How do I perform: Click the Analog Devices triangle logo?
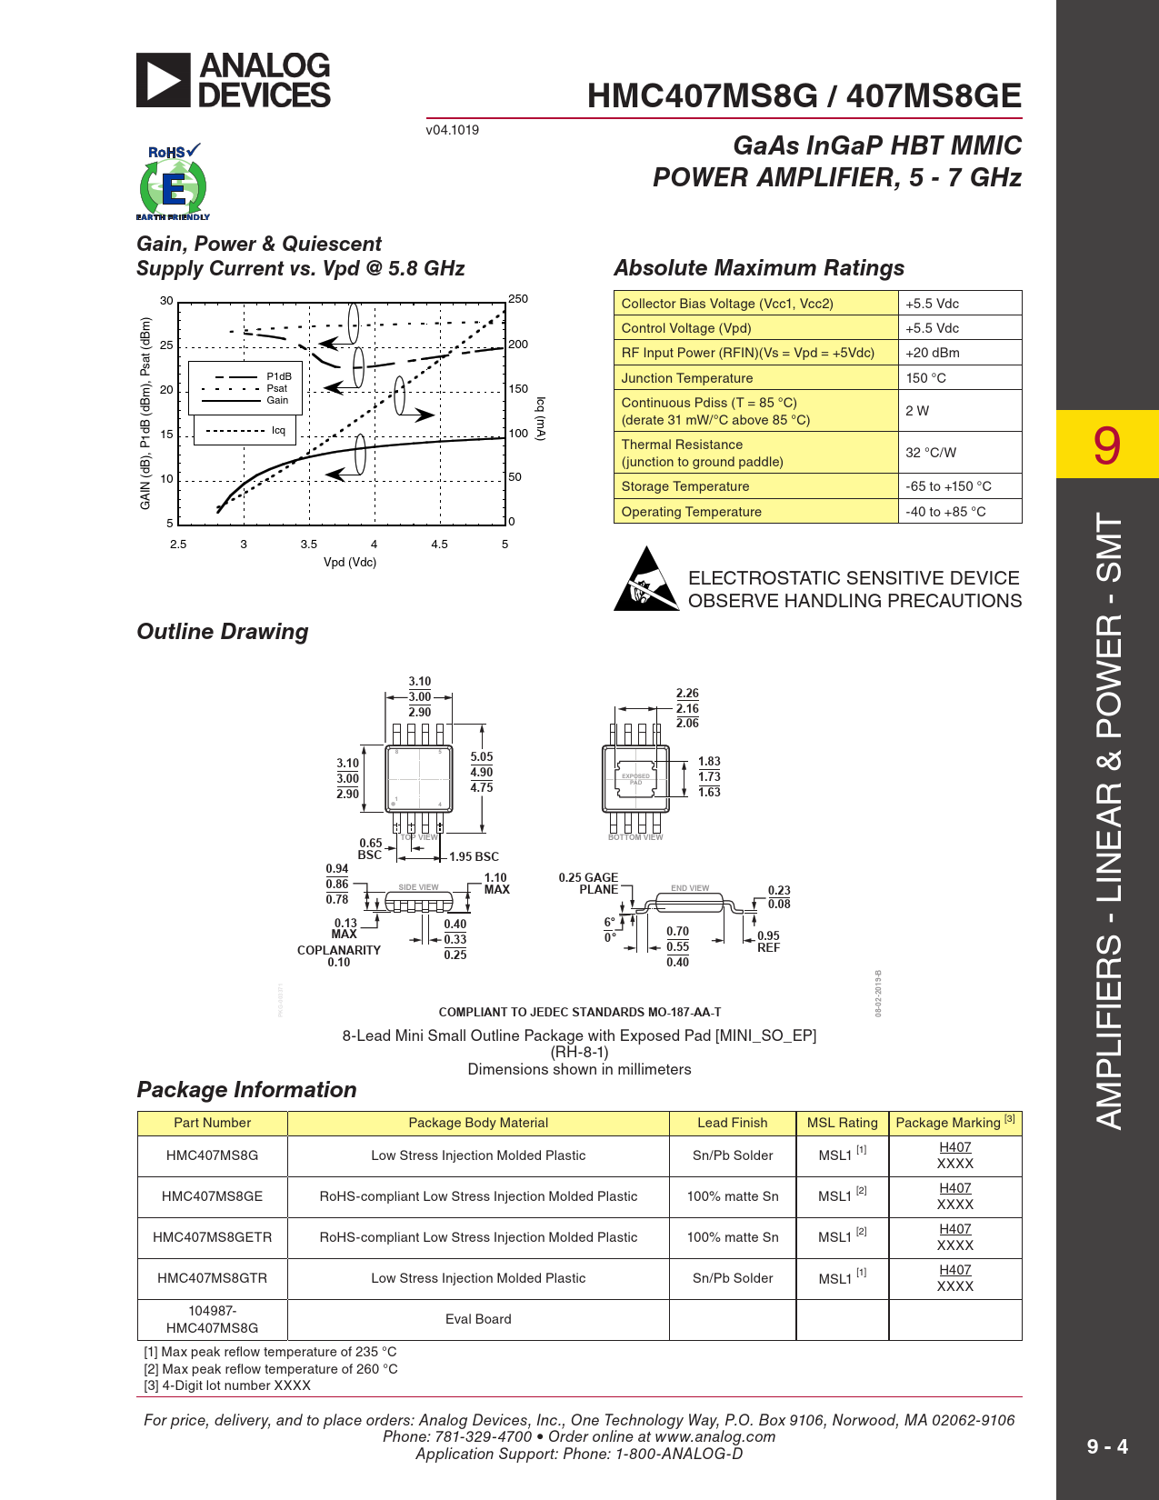click(164, 80)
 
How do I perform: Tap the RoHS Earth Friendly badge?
click(173, 183)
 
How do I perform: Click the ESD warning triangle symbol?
click(646, 579)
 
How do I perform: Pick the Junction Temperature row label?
click(687, 378)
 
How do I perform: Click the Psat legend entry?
click(276, 388)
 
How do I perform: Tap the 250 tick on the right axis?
click(518, 299)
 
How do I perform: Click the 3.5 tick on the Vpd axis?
click(309, 545)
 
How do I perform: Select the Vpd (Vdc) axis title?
click(350, 563)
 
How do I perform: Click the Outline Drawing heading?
click(223, 632)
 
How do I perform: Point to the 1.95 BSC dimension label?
click(474, 857)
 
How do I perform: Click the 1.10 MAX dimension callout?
click(496, 884)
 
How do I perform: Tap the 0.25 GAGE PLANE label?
click(589, 884)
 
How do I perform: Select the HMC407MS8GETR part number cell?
click(212, 1237)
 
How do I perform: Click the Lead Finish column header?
click(733, 1123)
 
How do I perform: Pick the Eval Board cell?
click(478, 1319)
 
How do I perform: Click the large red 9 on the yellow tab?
click(1106, 445)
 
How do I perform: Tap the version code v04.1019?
click(453, 130)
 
